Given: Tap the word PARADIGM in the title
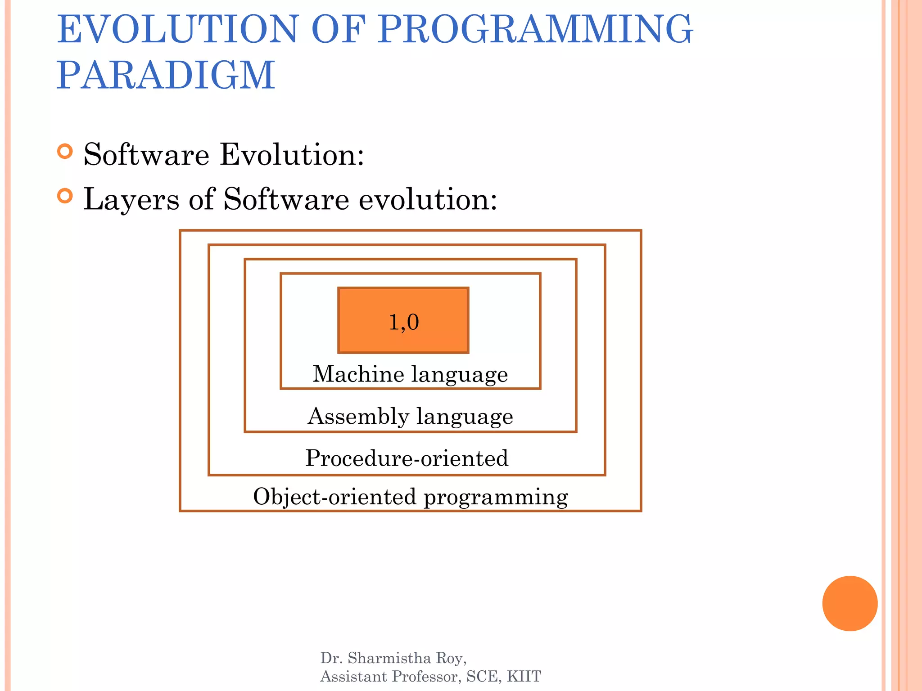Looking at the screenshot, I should [x=166, y=75].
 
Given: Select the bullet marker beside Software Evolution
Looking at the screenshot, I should [x=65, y=152].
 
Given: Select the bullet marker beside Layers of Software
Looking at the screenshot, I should [x=65, y=196].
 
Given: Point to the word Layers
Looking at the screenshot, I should [x=131, y=199].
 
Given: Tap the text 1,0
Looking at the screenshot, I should [x=403, y=322].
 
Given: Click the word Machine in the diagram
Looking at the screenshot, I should [x=358, y=374].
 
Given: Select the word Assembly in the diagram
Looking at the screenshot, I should [x=358, y=417].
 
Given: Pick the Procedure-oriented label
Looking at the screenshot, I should [x=407, y=458].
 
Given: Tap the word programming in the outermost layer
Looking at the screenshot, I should [x=496, y=498].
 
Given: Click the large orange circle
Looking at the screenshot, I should [x=850, y=603].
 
